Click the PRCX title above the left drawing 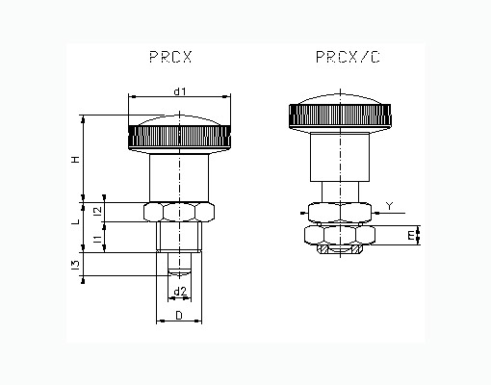pyautogui.click(x=170, y=57)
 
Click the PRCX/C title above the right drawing pyautogui.click(x=348, y=57)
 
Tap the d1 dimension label pyautogui.click(x=180, y=91)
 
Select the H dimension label pyautogui.click(x=76, y=159)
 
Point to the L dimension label pyautogui.click(x=76, y=221)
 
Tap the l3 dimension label pyautogui.click(x=75, y=265)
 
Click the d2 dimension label pyautogui.click(x=180, y=292)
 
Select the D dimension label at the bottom pyautogui.click(x=179, y=316)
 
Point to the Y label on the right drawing pyautogui.click(x=389, y=206)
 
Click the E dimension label pyautogui.click(x=411, y=236)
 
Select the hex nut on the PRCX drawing pyautogui.click(x=179, y=212)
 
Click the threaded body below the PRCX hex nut pyautogui.click(x=179, y=237)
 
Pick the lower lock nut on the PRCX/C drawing pyautogui.click(x=340, y=235)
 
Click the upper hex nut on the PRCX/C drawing pyautogui.click(x=340, y=213)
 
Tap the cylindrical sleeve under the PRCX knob pyautogui.click(x=179, y=178)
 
